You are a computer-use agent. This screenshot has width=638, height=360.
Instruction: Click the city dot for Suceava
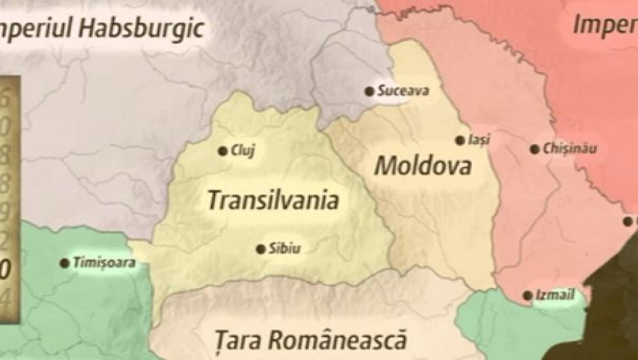[369, 91]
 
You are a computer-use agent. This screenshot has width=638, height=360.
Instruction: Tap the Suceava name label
[403, 91]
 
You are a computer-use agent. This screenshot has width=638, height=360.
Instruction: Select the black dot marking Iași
[460, 140]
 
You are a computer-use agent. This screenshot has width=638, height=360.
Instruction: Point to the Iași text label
[480, 140]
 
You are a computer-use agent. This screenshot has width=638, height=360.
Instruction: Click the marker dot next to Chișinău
[535, 149]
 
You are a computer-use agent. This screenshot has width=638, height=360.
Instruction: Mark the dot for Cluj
[222, 150]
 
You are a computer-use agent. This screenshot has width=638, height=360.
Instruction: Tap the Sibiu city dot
[260, 249]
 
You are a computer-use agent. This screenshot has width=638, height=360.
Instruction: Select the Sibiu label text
[285, 249]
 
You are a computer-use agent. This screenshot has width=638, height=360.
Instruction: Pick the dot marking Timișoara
[64, 263]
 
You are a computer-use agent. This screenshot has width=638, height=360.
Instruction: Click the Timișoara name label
[104, 263]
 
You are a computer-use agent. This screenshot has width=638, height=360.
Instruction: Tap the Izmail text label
[556, 295]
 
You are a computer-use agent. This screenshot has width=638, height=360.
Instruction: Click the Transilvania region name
[272, 200]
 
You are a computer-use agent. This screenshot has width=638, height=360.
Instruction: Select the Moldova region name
[422, 166]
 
